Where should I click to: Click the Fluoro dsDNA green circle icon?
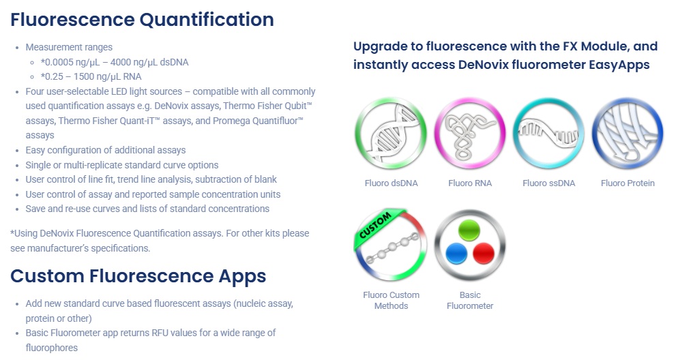[391, 134]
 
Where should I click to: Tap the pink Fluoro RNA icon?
[470, 134]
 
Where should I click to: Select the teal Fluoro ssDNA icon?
[548, 134]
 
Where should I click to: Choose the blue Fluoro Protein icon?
[628, 134]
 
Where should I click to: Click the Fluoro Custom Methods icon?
[391, 245]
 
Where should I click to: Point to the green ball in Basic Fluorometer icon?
[469, 230]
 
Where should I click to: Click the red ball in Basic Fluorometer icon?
[484, 254]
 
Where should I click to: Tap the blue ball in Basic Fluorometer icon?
[456, 254]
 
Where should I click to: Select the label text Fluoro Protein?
[628, 183]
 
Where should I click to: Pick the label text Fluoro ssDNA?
[548, 183]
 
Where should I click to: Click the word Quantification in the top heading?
[207, 20]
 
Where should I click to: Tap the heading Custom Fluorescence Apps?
[138, 276]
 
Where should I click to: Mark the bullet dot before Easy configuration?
[17, 151]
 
